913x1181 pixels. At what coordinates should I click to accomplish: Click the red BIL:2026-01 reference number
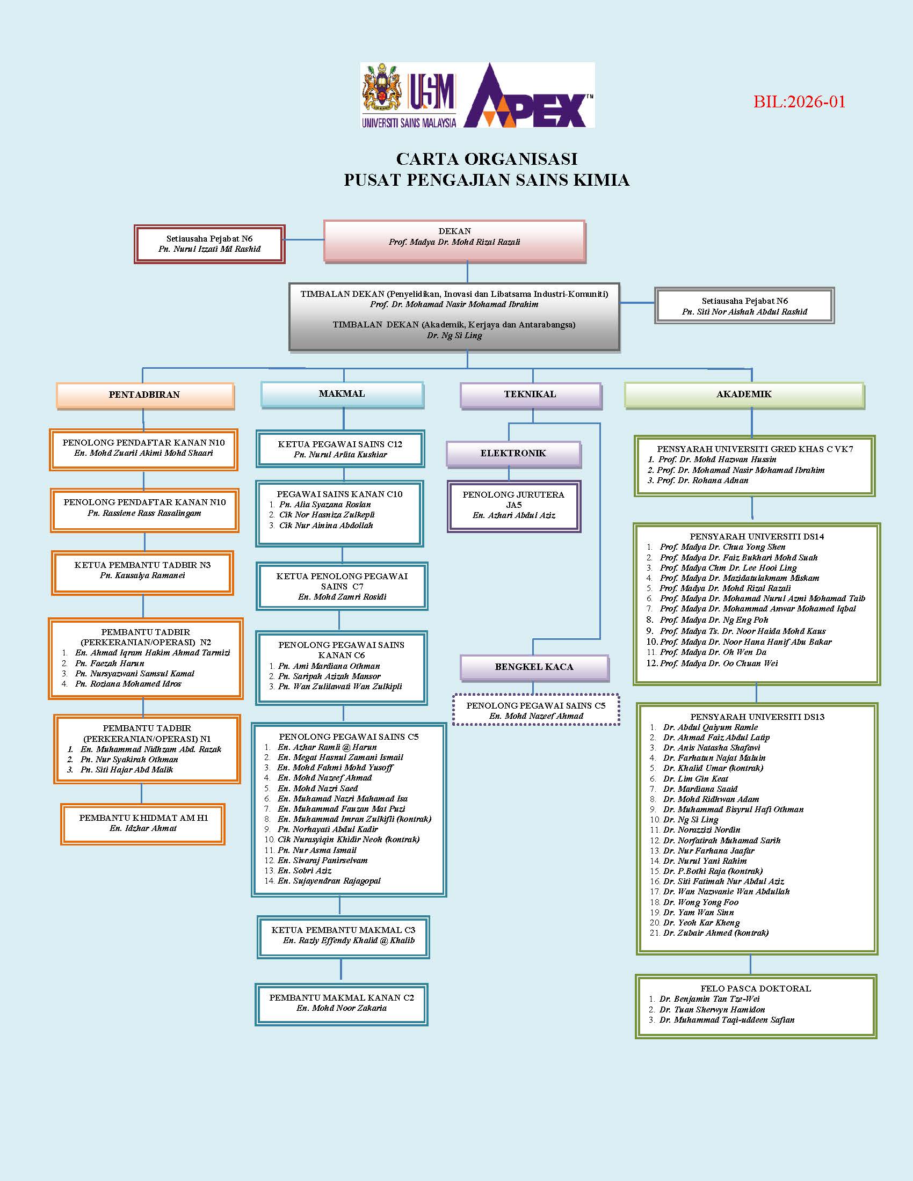(x=799, y=101)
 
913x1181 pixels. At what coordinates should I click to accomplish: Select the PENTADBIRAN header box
(x=144, y=395)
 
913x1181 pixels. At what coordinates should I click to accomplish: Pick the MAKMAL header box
(x=342, y=393)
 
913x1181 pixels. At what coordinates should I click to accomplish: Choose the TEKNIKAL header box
(x=530, y=394)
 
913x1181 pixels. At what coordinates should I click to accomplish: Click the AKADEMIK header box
(x=744, y=394)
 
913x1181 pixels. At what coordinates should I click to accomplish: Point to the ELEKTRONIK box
(x=513, y=453)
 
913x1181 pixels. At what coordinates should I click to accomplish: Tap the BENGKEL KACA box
(x=534, y=667)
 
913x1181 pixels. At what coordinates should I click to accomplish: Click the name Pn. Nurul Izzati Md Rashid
(x=209, y=249)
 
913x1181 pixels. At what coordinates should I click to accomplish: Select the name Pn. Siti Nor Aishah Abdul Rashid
(x=744, y=312)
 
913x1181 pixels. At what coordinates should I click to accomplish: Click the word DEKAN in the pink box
(x=454, y=231)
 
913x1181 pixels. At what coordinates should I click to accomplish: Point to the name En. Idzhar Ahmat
(x=143, y=828)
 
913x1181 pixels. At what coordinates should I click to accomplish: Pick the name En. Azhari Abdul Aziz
(x=514, y=515)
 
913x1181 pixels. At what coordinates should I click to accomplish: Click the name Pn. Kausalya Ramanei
(x=142, y=575)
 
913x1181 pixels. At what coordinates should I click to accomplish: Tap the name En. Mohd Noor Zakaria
(x=341, y=1008)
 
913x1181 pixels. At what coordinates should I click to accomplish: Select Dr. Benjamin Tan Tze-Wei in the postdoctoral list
(x=709, y=999)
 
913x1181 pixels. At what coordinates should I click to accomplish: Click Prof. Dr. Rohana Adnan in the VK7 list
(x=702, y=480)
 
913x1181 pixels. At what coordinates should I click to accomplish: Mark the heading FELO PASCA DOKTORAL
(x=756, y=988)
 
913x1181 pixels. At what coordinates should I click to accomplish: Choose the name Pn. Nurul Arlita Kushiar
(x=340, y=455)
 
